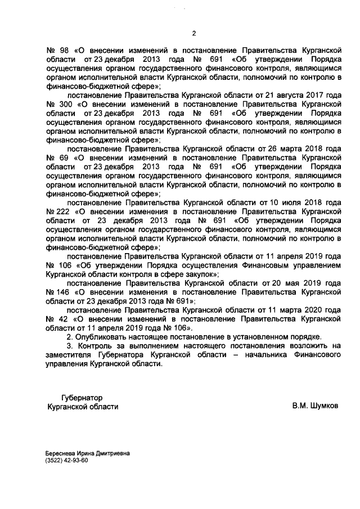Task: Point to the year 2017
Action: click(x=317, y=95)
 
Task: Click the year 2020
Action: click(x=317, y=310)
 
